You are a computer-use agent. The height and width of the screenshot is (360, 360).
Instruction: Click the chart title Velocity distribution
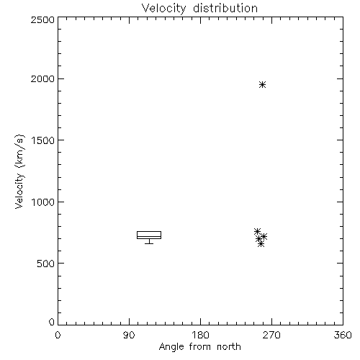point(199,9)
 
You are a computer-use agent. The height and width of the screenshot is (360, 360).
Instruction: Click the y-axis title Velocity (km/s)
point(19,171)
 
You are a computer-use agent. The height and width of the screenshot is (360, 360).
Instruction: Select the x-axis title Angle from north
point(199,347)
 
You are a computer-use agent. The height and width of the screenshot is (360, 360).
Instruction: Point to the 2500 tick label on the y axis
point(42,19)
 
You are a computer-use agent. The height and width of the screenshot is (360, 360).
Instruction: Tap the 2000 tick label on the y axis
point(42,79)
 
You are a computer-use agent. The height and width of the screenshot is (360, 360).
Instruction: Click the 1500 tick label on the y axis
point(43,140)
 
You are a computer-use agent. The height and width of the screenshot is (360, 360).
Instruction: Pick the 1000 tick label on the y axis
point(43,202)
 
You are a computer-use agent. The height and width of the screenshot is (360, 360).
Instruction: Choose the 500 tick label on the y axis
point(46,264)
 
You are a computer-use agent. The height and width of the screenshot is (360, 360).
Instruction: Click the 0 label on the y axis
point(52,322)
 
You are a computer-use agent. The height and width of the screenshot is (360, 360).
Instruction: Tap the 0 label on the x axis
point(58,335)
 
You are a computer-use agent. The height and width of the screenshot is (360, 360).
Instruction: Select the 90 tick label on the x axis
point(129,335)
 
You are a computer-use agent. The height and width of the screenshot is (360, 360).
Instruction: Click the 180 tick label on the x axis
point(200,335)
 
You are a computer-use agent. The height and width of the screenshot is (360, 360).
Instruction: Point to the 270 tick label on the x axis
point(271,335)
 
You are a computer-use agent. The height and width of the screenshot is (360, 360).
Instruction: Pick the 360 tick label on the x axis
point(343,335)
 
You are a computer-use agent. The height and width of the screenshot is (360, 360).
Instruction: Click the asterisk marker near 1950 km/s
point(262,84)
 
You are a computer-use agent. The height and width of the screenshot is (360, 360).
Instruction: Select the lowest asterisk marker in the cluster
point(261,244)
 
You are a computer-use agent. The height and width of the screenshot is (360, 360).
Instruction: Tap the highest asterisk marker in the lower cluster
point(257,232)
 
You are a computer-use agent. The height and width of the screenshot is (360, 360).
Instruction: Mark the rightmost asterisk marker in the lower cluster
point(264,237)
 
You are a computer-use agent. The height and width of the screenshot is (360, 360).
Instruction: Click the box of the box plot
point(149,231)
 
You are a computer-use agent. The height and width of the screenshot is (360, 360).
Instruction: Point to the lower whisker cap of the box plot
point(149,243)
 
